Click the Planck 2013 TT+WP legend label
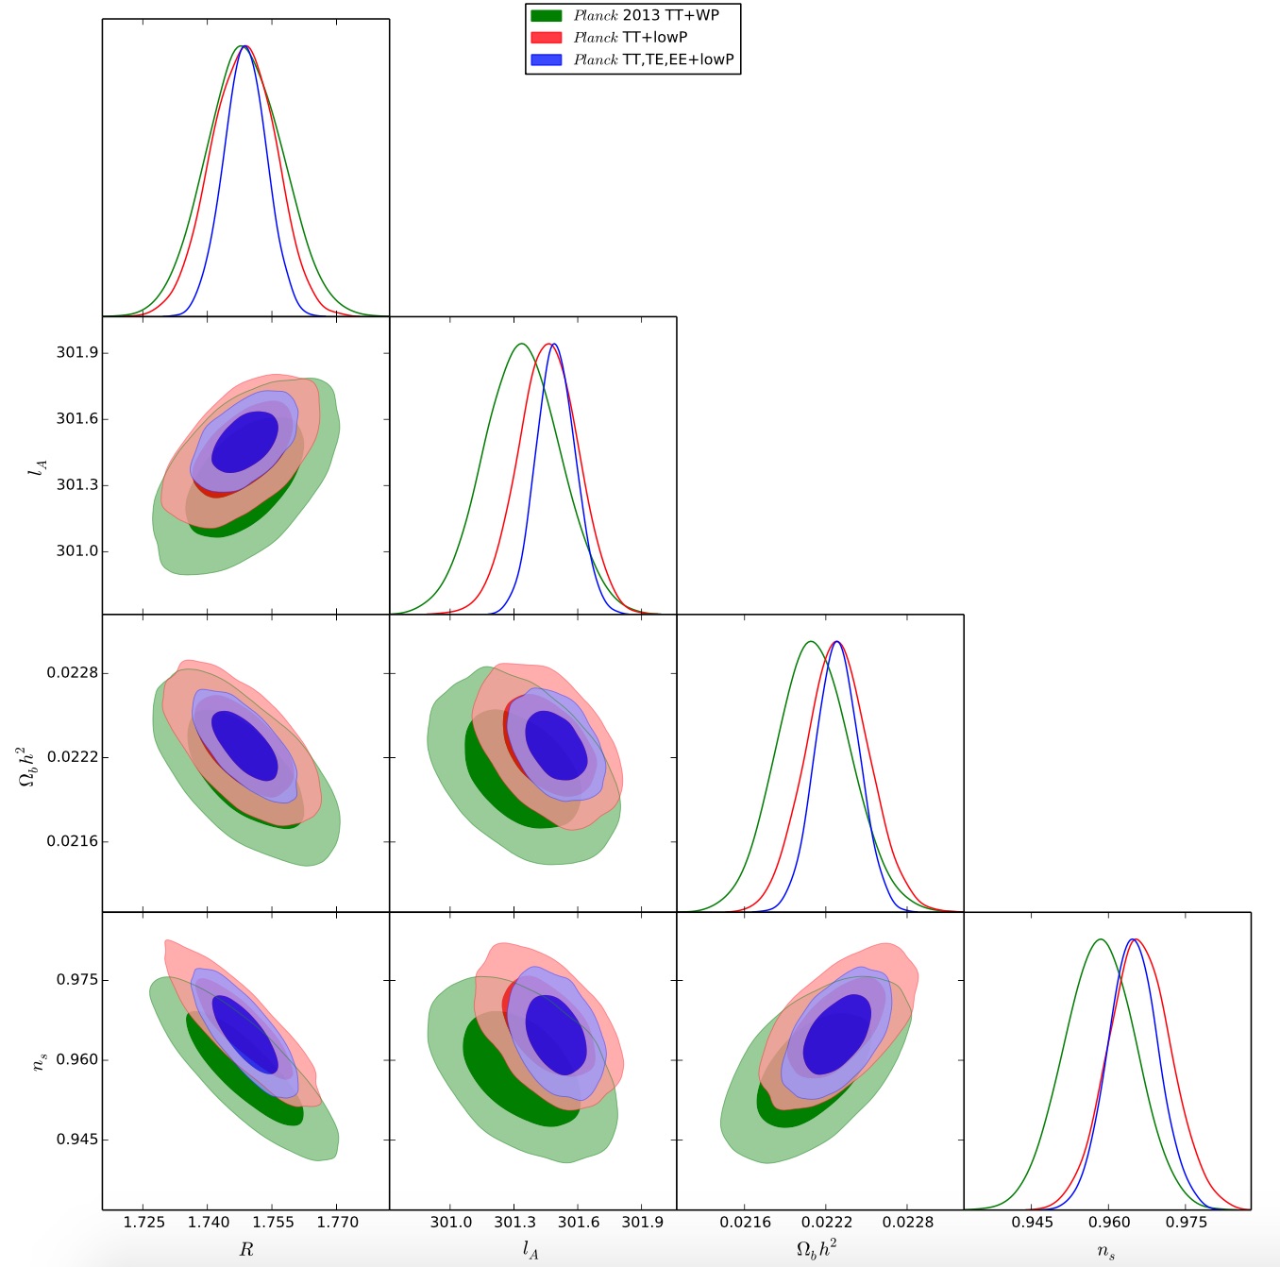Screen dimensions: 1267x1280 pyautogui.click(x=646, y=15)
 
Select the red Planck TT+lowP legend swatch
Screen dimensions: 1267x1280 pyautogui.click(x=547, y=38)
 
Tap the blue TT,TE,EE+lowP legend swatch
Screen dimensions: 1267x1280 pyautogui.click(x=547, y=59)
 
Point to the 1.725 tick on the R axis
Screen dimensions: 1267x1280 pyautogui.click(x=143, y=1222)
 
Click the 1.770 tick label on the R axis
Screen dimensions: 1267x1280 pyautogui.click(x=337, y=1222)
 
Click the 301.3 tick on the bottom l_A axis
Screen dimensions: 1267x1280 pyautogui.click(x=514, y=1222)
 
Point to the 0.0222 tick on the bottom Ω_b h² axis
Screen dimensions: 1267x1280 pyautogui.click(x=826, y=1222)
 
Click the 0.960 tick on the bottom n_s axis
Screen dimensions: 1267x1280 pyautogui.click(x=1109, y=1222)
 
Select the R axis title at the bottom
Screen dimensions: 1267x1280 pyautogui.click(x=246, y=1250)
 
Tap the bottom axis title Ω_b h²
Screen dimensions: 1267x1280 pyautogui.click(x=817, y=1249)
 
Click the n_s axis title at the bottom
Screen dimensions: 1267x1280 pyautogui.click(x=1106, y=1251)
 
